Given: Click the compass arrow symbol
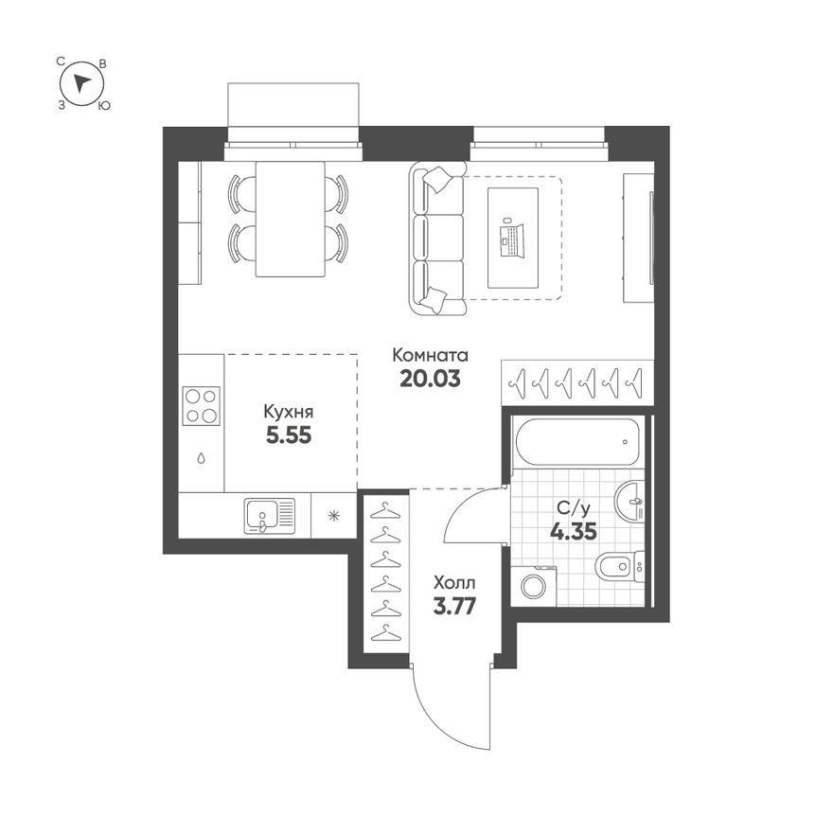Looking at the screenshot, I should point(82,83).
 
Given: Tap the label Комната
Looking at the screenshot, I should point(431,356).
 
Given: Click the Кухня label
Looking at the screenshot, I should point(288,412).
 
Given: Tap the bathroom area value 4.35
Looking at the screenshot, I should point(573,531).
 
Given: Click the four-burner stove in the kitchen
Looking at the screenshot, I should point(201,406).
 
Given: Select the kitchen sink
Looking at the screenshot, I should point(270,516).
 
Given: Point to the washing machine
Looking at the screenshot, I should point(532,585).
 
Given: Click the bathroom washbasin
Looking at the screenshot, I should point(629,502).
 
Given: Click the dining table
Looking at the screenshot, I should point(290,219).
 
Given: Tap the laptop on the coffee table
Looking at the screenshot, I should point(512,237).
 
